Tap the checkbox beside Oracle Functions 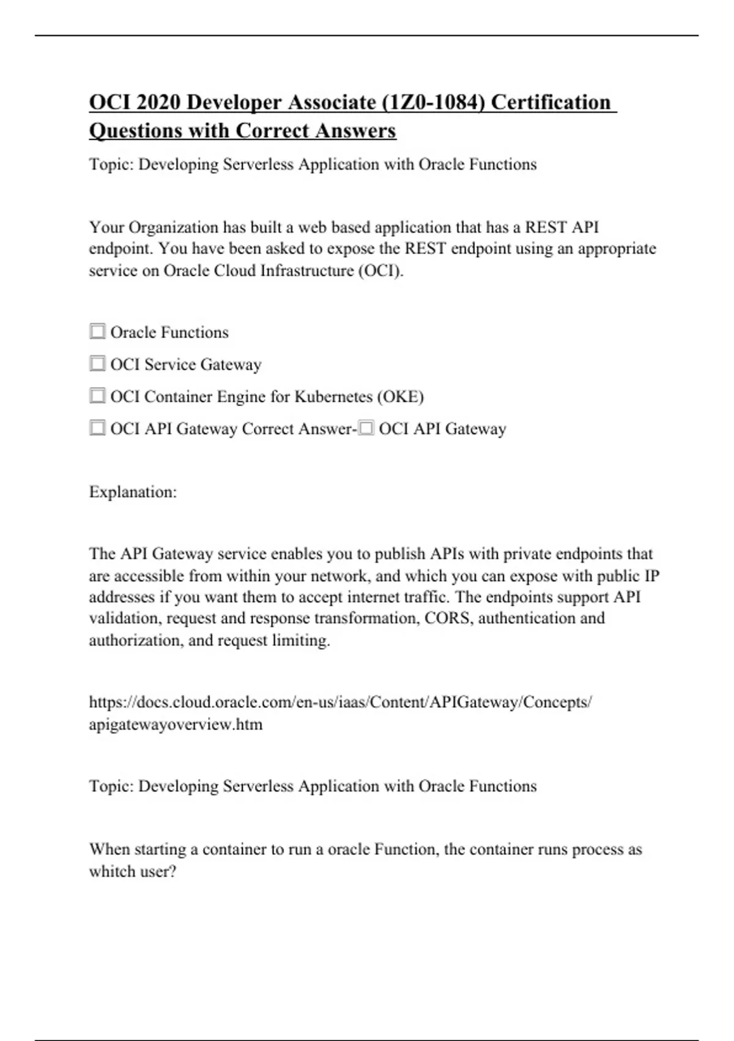tap(97, 331)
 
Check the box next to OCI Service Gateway tap(97, 364)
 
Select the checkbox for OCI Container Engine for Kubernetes tap(97, 396)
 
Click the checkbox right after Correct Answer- tap(366, 429)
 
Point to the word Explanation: tap(133, 492)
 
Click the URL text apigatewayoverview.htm tap(176, 724)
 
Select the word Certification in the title tap(550, 102)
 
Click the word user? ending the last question tap(158, 871)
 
